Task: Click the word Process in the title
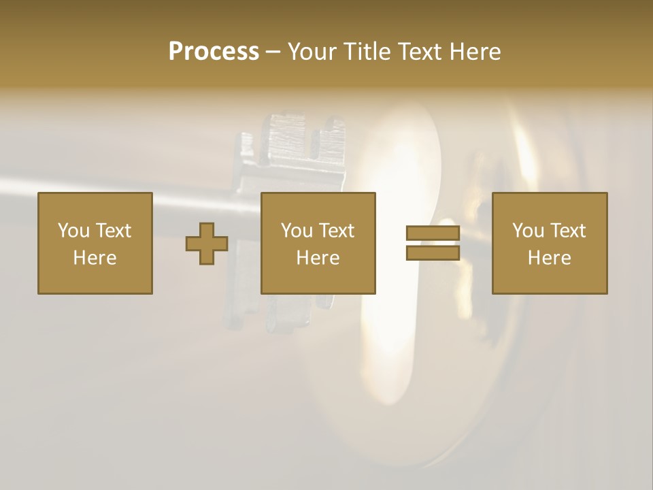click(x=214, y=52)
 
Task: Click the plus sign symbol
click(x=207, y=244)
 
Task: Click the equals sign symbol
click(x=433, y=244)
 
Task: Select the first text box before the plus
click(x=95, y=243)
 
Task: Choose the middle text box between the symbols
click(x=318, y=243)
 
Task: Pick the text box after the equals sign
click(x=549, y=243)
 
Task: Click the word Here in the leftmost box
click(x=95, y=258)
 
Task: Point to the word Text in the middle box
click(x=337, y=231)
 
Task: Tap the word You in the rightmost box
click(x=529, y=231)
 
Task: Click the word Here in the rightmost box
click(x=549, y=258)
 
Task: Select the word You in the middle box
click(x=297, y=231)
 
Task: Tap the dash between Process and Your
click(x=273, y=52)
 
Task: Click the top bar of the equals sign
click(x=433, y=233)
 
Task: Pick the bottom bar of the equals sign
click(x=433, y=253)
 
